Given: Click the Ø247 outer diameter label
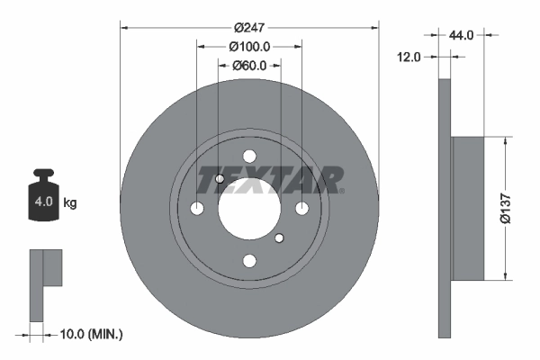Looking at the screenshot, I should click(x=249, y=27).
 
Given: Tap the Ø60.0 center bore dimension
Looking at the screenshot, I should click(x=249, y=66).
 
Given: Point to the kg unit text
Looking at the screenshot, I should click(x=70, y=203).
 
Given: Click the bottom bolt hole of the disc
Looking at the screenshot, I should click(x=249, y=261).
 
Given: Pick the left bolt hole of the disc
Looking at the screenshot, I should click(x=197, y=209).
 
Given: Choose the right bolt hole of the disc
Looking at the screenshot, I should click(x=301, y=209).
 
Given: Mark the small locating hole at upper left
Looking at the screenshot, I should click(x=220, y=179).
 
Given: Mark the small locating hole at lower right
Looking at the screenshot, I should click(x=279, y=238).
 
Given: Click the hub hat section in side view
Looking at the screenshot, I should click(x=467, y=207).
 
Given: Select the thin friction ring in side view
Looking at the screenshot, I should click(x=443, y=207).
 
